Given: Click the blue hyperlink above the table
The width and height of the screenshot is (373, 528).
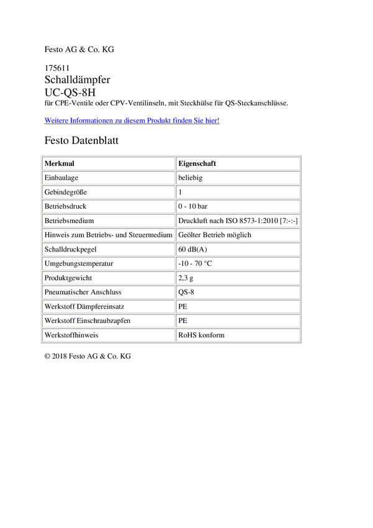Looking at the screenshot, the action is [132, 121].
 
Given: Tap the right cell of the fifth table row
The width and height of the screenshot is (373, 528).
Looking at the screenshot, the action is [238, 221].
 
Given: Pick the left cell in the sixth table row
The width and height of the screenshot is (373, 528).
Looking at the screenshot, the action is [108, 235].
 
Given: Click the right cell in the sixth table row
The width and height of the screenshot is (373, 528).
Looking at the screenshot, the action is [238, 235].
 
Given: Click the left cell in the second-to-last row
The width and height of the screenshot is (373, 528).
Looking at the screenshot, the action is [108, 321].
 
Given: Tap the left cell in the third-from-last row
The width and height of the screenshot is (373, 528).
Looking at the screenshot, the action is [108, 306].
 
